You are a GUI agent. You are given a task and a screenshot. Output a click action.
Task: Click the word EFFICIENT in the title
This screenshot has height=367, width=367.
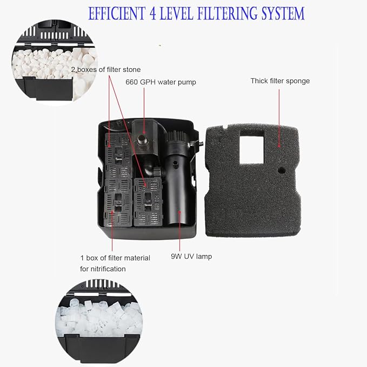[117, 13]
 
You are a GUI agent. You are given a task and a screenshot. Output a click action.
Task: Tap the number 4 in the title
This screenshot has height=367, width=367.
[153, 14]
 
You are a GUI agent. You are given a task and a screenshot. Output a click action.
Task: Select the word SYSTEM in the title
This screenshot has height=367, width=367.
[283, 14]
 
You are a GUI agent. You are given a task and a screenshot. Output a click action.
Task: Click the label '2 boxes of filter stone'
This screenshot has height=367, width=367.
[106, 70]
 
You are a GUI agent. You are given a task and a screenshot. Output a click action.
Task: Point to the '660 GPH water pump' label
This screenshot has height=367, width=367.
[161, 82]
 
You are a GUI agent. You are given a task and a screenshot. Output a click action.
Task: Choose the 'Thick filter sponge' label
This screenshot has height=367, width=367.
[280, 81]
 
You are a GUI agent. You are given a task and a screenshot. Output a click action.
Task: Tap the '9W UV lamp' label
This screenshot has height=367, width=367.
[191, 256]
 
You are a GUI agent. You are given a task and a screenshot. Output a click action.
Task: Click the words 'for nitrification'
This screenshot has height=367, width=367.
[103, 269]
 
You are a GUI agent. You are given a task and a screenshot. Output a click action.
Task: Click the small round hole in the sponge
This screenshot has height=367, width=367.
[282, 170]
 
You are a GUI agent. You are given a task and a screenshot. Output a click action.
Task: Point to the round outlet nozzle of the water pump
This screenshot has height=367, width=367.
[142, 140]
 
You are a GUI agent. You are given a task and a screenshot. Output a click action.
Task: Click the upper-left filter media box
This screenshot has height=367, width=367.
[118, 156]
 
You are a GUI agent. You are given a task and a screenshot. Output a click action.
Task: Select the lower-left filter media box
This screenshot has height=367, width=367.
[118, 203]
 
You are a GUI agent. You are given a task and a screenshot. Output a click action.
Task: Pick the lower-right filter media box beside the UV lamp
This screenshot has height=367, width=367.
[148, 202]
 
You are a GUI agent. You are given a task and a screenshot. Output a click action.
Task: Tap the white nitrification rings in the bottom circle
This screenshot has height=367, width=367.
[99, 318]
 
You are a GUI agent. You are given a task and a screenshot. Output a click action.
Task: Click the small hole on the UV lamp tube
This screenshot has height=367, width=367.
[174, 164]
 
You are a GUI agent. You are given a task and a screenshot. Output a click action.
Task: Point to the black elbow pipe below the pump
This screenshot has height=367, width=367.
[149, 169]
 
